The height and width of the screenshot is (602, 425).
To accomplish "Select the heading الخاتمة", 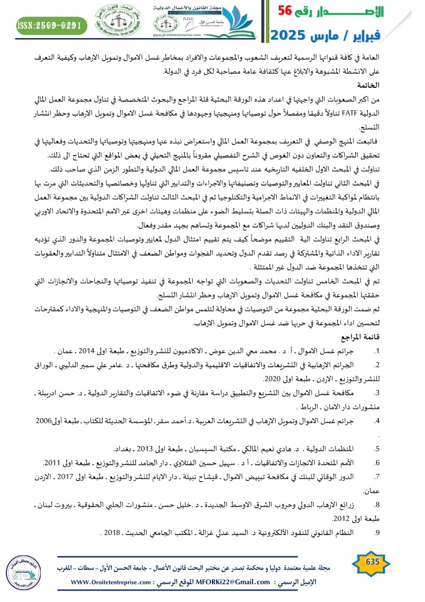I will [369, 85].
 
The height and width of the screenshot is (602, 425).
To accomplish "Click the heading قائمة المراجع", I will [362, 338].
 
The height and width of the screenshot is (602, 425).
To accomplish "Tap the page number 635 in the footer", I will [371, 561].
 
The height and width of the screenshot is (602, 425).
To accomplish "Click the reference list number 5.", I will [377, 449].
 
